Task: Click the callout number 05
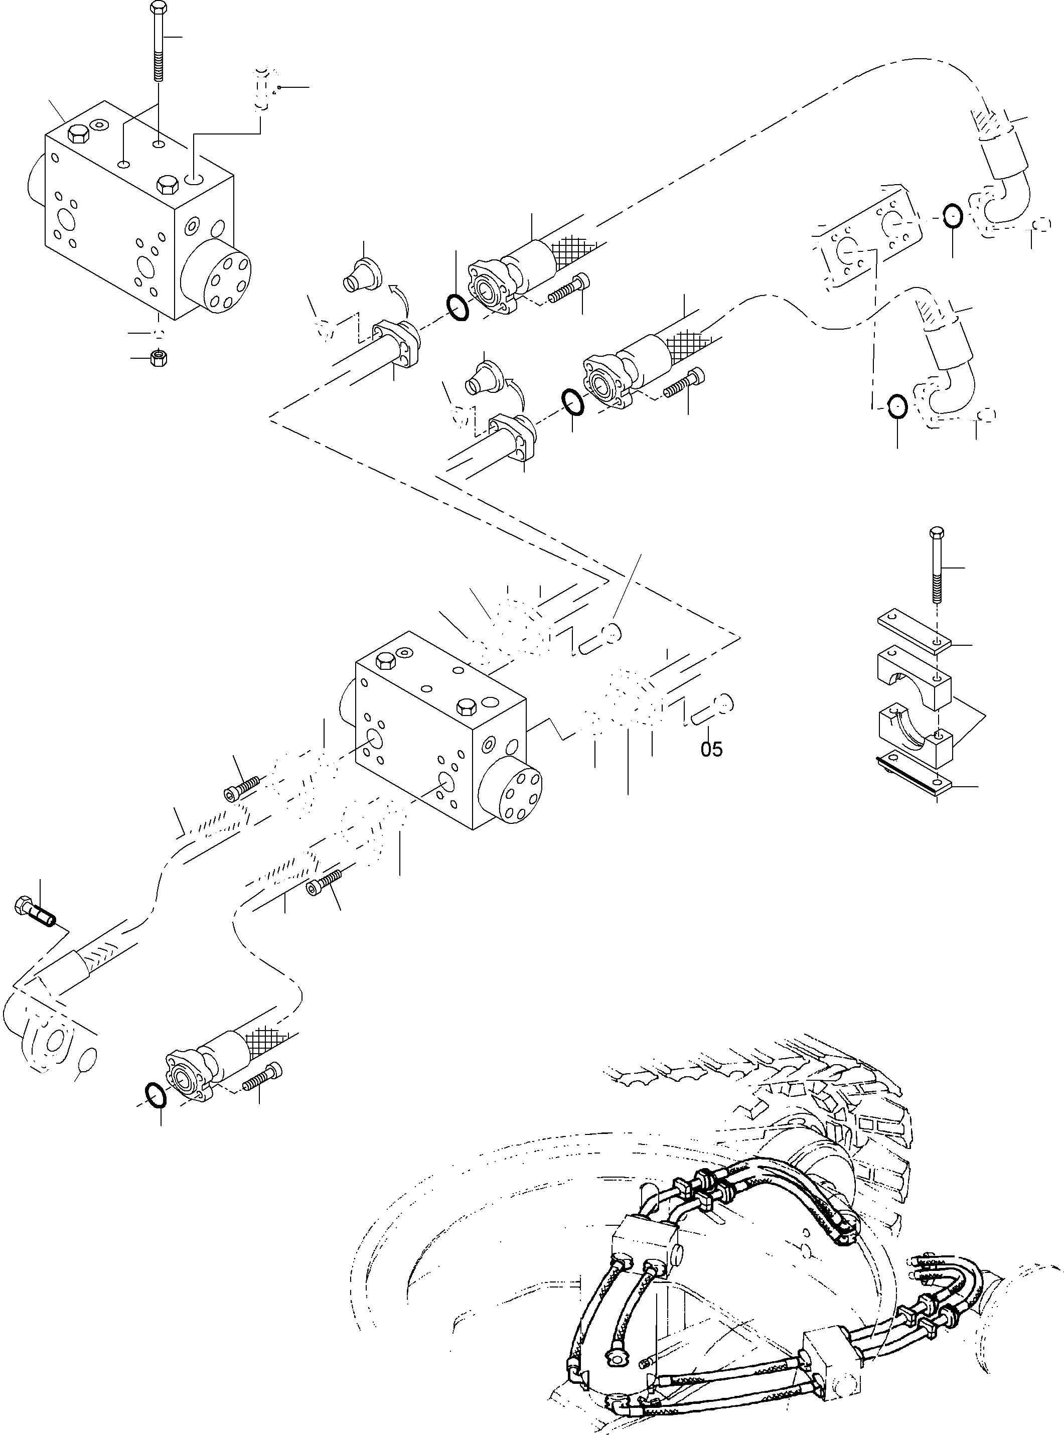pyautogui.click(x=712, y=749)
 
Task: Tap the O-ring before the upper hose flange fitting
pyautogui.click(x=458, y=307)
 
